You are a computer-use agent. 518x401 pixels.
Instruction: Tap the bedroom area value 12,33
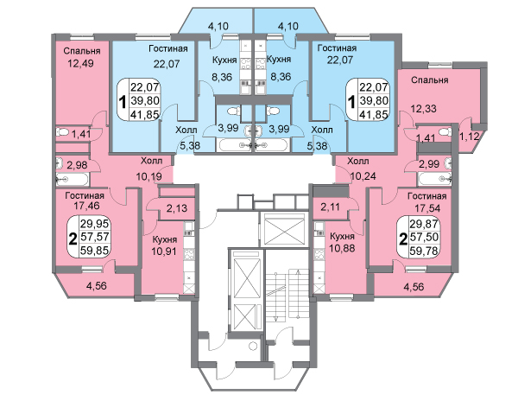tap(422, 108)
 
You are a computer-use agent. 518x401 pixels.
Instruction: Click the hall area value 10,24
tap(362, 178)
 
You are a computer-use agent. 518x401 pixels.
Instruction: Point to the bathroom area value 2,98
tap(77, 165)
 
